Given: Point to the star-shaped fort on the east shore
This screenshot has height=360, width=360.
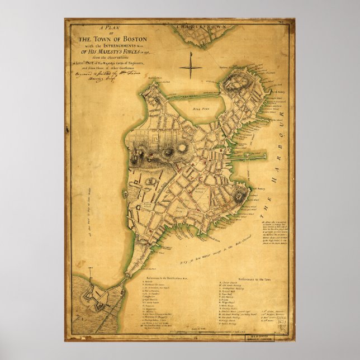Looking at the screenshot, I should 240,196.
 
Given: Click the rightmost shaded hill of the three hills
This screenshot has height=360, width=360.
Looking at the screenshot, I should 183,148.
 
